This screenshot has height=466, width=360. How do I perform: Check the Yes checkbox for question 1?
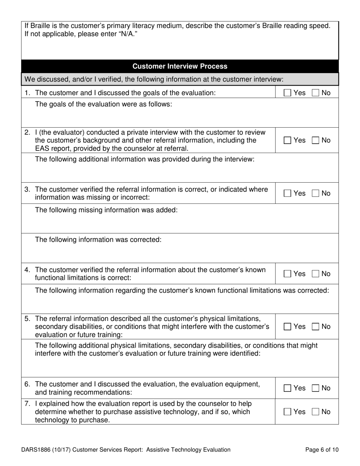pyautogui.click(x=288, y=93)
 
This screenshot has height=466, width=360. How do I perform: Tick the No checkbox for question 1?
pyautogui.click(x=316, y=93)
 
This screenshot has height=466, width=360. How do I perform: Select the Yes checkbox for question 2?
pyautogui.click(x=288, y=141)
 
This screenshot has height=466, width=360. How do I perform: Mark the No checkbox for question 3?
pyautogui.click(x=316, y=194)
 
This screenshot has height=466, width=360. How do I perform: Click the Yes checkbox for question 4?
pyautogui.click(x=288, y=274)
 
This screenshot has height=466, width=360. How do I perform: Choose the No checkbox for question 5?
pyautogui.click(x=316, y=327)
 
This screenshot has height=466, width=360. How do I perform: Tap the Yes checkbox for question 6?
pyautogui.click(x=288, y=388)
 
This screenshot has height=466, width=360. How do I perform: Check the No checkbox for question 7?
pyautogui.click(x=316, y=412)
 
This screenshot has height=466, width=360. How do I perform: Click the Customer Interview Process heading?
pyautogui.click(x=180, y=66)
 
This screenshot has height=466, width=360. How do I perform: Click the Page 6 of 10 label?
pyautogui.click(x=322, y=450)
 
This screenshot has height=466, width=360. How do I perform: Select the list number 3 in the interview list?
pyautogui.click(x=27, y=189)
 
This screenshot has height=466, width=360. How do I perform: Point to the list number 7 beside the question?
pyautogui.click(x=27, y=404)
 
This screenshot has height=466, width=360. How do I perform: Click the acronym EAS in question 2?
pyautogui.click(x=42, y=149)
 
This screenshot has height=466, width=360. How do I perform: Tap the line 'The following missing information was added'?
pyautogui.click(x=106, y=210)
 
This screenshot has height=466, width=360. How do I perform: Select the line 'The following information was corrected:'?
pyautogui.click(x=98, y=240)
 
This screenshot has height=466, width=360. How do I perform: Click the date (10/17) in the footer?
pyautogui.click(x=65, y=450)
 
